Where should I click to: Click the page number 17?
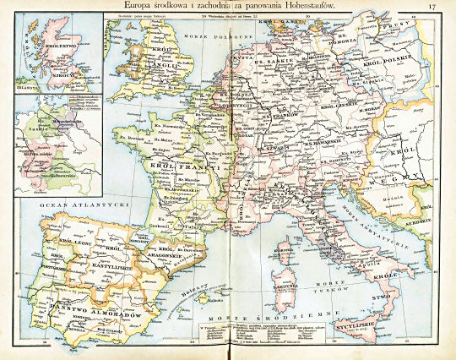click(432, 8)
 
